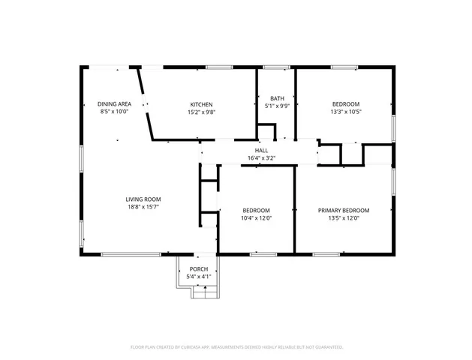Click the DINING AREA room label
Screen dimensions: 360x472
115,104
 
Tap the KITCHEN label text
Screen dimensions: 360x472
201,104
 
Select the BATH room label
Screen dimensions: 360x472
277,98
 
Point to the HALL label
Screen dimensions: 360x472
261,151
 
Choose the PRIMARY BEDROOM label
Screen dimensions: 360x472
344,211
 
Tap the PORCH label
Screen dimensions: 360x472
199,269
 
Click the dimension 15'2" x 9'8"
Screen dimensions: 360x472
201,112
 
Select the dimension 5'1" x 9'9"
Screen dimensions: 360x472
277,106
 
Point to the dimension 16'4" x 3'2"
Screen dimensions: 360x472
261,158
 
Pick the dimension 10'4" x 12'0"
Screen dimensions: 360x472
256,218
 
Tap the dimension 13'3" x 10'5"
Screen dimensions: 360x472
346,112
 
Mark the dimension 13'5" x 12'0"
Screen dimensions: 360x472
344,218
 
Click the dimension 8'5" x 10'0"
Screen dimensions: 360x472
115,112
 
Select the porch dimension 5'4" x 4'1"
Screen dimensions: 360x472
199,277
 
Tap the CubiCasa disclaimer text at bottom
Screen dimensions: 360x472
236,347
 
